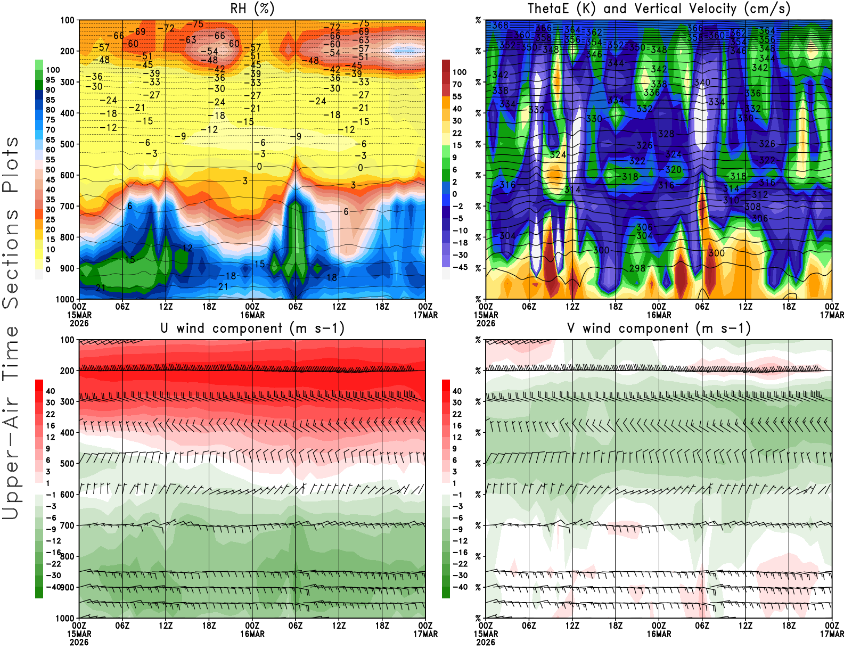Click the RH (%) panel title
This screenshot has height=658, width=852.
coord(252,9)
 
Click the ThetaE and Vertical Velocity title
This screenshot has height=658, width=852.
coord(658,9)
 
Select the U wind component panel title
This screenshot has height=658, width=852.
coord(252,328)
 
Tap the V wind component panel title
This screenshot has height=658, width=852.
coord(658,328)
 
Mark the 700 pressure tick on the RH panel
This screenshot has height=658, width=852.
coord(67,206)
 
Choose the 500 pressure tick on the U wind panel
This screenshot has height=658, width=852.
coord(67,463)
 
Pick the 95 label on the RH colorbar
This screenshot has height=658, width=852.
coord(51,80)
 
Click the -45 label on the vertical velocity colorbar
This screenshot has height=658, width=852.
coord(460,267)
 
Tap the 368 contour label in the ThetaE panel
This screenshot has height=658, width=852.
coord(500,26)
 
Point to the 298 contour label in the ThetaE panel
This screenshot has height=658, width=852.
coord(637,268)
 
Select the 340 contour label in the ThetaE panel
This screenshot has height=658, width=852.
coord(702,83)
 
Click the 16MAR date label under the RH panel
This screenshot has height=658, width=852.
coord(252,315)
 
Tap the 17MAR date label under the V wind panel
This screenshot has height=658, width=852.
coord(832,634)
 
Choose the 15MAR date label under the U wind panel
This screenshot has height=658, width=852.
coord(79,634)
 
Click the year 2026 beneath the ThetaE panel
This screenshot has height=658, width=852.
coord(486,323)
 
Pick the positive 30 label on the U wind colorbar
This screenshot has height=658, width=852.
coord(51,402)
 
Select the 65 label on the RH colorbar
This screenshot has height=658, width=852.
coord(51,139)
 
